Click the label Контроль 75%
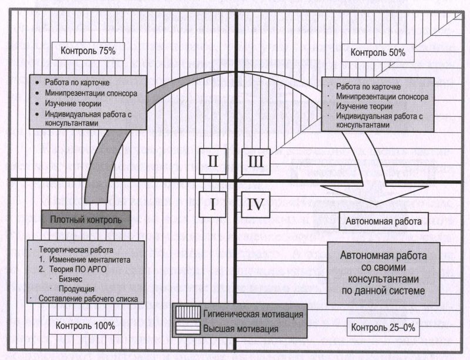pyautogui.click(x=88, y=51)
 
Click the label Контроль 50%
pyautogui.click(x=378, y=53)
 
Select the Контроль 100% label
pyautogui.click(x=85, y=325)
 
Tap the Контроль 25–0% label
pyautogui.click(x=383, y=327)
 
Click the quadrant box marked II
pyautogui.click(x=213, y=162)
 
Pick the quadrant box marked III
pyautogui.click(x=256, y=162)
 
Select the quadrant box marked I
pyautogui.click(x=213, y=205)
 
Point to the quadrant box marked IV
pyautogui.click(x=256, y=205)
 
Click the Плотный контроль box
pyautogui.click(x=86, y=220)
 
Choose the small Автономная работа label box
pyautogui.click(x=384, y=221)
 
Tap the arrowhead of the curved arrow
pyautogui.click(x=375, y=194)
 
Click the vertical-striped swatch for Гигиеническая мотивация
pyautogui.click(x=188, y=312)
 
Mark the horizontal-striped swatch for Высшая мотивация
pyautogui.click(x=188, y=328)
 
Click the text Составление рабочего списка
pyautogui.click(x=89, y=299)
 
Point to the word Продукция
pyautogui.click(x=76, y=289)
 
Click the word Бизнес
pyautogui.click(x=70, y=279)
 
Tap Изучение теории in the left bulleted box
pyautogui.click(x=73, y=104)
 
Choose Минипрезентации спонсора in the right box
pyautogui.click(x=382, y=96)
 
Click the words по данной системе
pyautogui.click(x=384, y=291)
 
